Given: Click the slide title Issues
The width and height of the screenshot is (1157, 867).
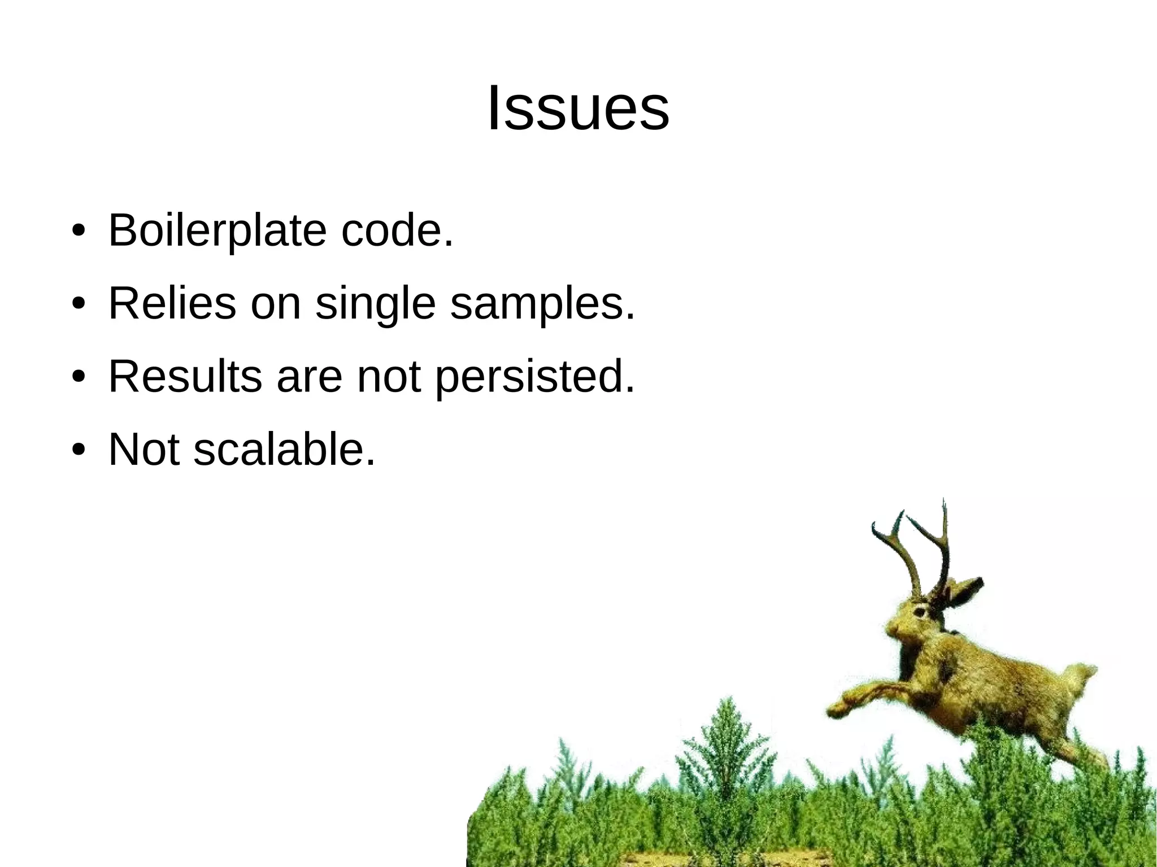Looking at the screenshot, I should click(x=578, y=108).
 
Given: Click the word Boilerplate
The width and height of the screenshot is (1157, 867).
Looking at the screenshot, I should click(x=217, y=230).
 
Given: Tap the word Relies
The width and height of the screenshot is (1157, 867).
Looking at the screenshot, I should click(x=172, y=303).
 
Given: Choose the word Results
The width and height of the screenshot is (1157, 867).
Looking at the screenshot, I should click(x=185, y=376).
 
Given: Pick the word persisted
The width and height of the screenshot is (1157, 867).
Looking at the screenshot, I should click(x=534, y=377).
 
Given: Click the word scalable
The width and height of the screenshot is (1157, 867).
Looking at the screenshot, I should click(x=284, y=449).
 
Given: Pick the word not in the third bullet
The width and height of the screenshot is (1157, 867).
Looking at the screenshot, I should click(x=389, y=376).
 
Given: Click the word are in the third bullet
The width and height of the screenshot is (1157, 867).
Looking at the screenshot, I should click(x=309, y=377).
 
